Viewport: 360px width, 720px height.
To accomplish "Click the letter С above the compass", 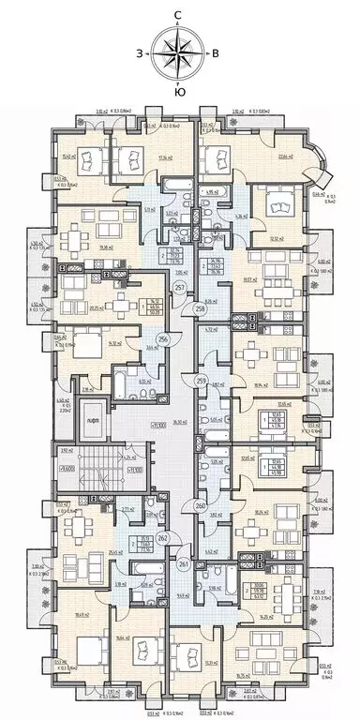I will point(177,14).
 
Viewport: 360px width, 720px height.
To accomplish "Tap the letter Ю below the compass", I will point(178,91).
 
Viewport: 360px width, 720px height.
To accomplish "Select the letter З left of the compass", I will point(140,53).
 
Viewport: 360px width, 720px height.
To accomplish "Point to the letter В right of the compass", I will point(216,53).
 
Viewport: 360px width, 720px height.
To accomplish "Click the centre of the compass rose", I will point(177,52).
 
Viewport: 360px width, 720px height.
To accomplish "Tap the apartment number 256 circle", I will point(161,339).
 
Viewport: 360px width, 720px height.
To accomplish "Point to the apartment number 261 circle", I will point(183,564).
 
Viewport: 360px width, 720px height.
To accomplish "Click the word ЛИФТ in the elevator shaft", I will point(91,424).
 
